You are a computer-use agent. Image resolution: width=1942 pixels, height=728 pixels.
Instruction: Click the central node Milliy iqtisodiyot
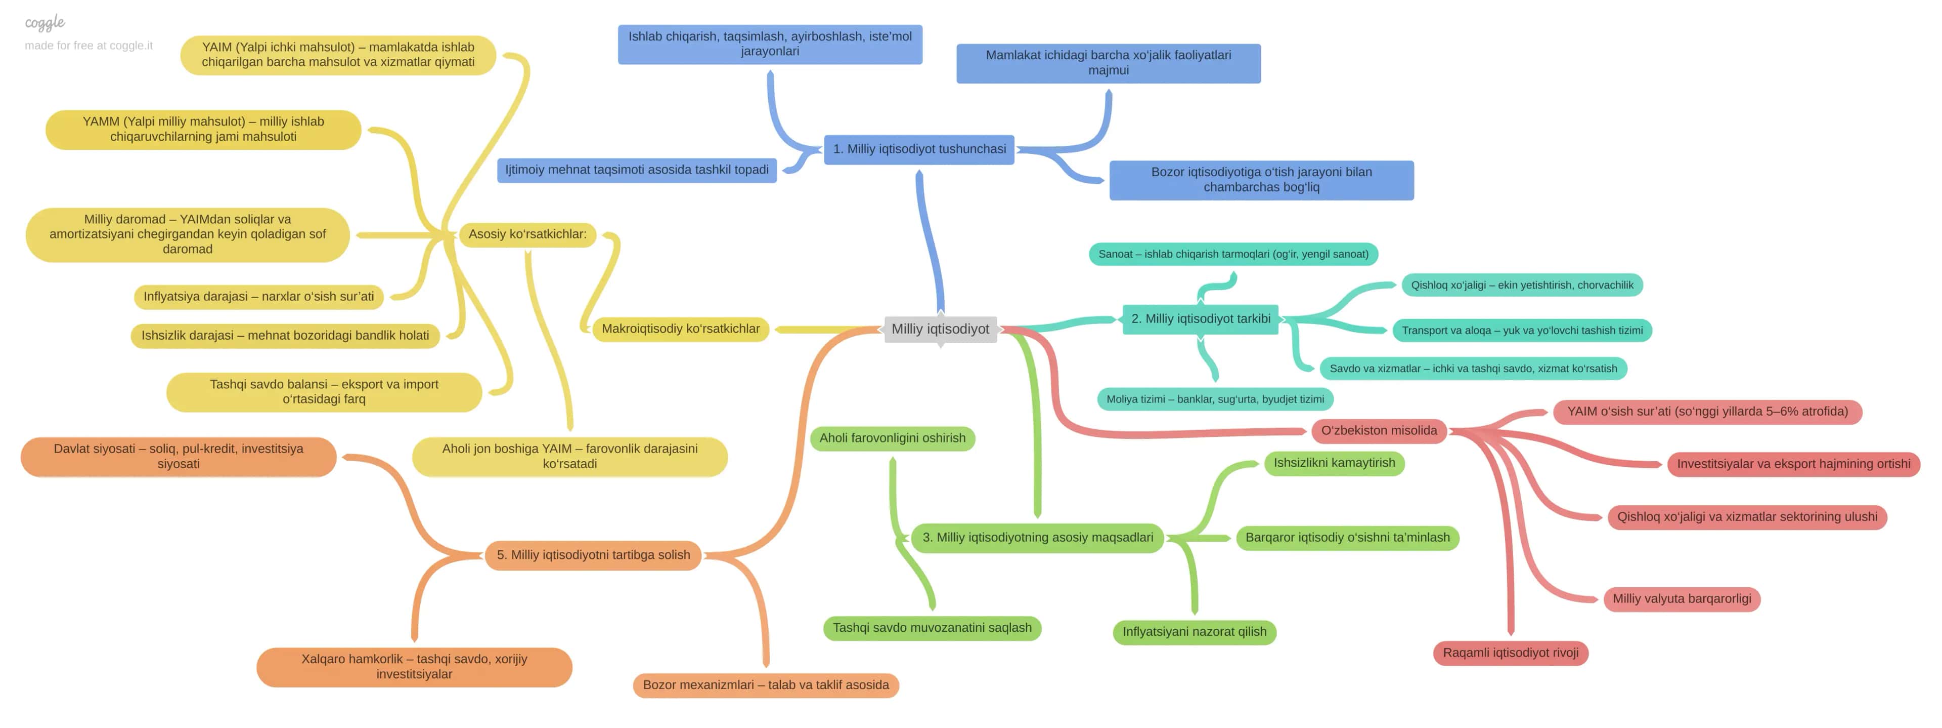940,329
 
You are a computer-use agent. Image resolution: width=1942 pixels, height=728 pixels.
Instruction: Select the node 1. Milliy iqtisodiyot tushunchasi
919,149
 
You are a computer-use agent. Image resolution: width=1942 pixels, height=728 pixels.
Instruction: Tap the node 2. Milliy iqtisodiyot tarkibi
1200,319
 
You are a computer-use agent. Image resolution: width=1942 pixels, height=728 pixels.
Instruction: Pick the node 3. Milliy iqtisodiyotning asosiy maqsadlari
1037,538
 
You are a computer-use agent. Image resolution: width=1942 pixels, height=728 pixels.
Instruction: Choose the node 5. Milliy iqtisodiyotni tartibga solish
593,555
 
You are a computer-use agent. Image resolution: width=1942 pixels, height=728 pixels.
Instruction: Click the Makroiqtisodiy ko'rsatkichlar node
681,329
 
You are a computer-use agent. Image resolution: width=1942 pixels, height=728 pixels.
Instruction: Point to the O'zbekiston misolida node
1379,431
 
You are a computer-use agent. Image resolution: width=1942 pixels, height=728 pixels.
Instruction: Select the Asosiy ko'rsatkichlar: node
527,234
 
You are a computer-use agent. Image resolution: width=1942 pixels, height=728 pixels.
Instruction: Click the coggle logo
45,23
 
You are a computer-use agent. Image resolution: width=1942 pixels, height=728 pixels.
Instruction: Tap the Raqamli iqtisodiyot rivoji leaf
1510,653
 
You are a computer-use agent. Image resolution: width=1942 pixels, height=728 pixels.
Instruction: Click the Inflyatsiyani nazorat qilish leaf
1194,632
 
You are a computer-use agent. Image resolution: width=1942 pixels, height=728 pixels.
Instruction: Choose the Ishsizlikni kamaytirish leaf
1335,463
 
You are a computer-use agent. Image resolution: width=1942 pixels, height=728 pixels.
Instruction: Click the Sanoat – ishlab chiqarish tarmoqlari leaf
1233,254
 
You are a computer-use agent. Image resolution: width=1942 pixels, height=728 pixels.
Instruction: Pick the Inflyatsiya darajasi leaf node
258,297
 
